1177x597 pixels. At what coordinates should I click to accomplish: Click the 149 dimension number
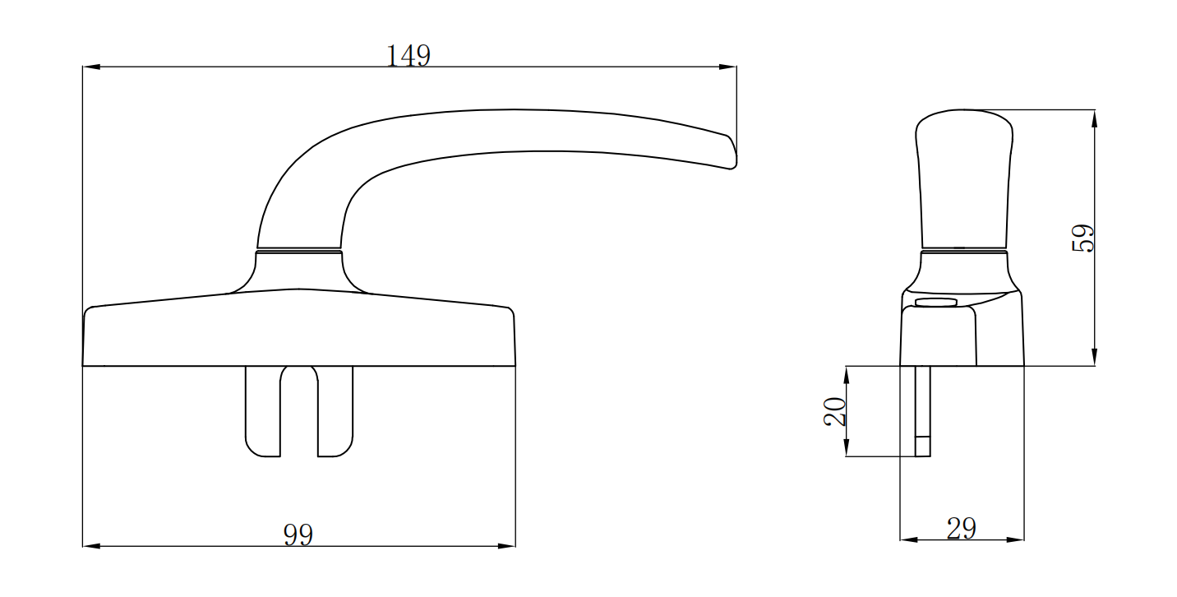click(x=408, y=56)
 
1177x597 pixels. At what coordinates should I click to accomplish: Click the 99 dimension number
click(x=298, y=535)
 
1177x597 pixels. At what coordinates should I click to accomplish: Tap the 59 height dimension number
click(x=1084, y=238)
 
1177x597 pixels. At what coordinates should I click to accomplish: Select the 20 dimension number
click(x=835, y=410)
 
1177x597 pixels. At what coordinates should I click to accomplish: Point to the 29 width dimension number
click(x=961, y=530)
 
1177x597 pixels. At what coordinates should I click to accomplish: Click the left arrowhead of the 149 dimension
click(x=90, y=67)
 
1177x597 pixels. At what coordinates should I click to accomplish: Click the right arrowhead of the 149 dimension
click(x=728, y=67)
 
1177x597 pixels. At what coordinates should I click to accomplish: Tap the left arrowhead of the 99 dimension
click(x=90, y=546)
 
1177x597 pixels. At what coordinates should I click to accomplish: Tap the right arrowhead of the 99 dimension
click(x=508, y=546)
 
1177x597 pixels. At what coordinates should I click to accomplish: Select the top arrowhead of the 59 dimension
click(x=1094, y=118)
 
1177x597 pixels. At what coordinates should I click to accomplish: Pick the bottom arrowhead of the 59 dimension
click(x=1094, y=358)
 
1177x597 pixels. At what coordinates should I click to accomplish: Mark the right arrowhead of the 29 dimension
click(x=1017, y=540)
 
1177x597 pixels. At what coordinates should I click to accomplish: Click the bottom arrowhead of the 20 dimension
click(x=846, y=449)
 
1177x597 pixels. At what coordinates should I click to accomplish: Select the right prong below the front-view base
click(x=335, y=411)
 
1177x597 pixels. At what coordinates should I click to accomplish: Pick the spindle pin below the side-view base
click(x=923, y=411)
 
